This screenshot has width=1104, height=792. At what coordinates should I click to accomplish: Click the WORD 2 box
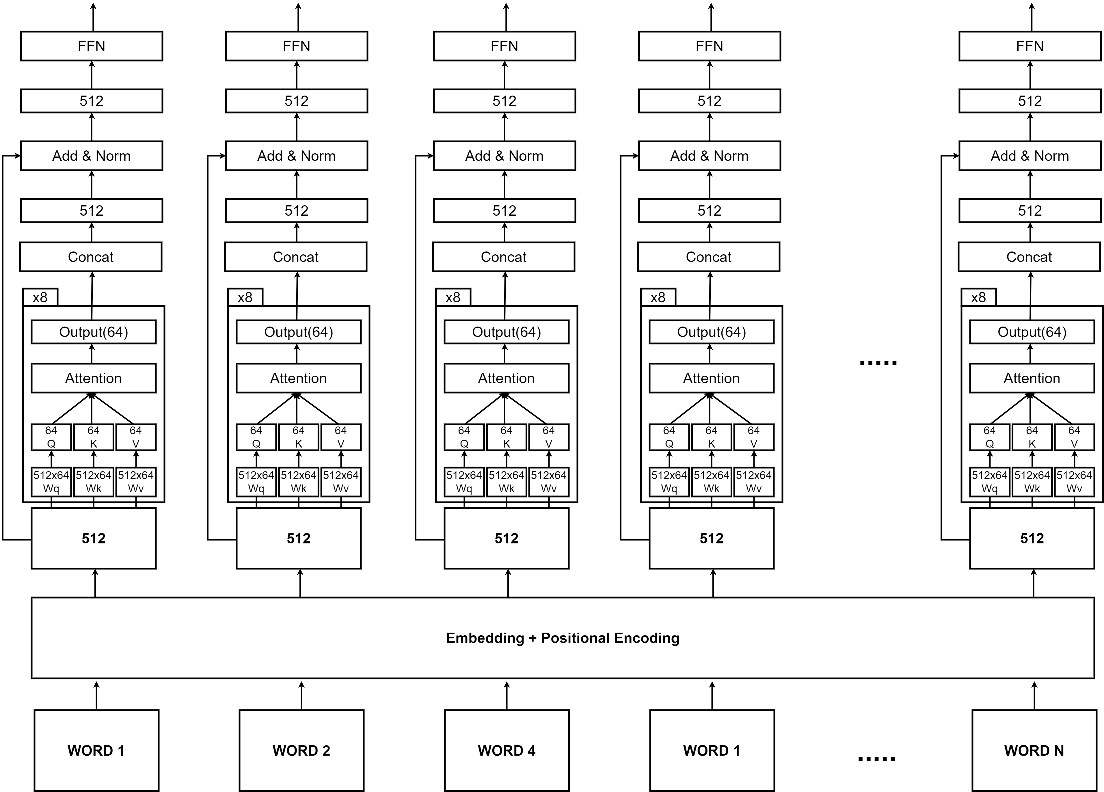(x=301, y=750)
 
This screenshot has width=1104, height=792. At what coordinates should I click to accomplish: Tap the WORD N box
(x=1034, y=750)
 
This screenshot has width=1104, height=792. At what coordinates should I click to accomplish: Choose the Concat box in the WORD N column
(x=1029, y=256)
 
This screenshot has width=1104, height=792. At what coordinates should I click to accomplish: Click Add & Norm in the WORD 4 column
(x=504, y=156)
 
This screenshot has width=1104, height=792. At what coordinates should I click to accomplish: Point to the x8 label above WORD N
(x=978, y=297)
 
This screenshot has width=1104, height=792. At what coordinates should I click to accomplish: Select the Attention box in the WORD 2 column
(x=298, y=378)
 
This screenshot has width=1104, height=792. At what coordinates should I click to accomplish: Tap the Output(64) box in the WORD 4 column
(x=506, y=332)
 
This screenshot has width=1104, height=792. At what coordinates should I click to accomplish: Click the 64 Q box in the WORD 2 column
(x=256, y=437)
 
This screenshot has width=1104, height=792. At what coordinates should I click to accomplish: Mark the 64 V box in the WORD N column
(x=1074, y=437)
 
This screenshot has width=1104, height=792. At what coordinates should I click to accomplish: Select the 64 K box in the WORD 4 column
(x=506, y=437)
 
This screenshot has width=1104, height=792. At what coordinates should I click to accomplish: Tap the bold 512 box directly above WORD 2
(x=298, y=538)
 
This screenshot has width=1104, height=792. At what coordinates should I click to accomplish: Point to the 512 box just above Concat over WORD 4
(x=504, y=210)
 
